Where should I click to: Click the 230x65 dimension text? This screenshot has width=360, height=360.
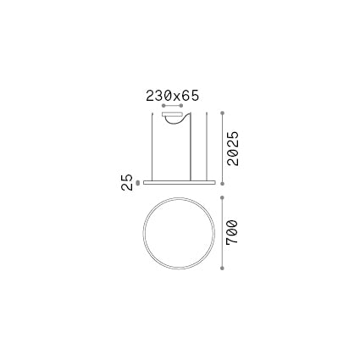[172, 97]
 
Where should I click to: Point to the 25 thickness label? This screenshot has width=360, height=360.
[126, 186]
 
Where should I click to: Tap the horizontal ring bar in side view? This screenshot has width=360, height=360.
[178, 180]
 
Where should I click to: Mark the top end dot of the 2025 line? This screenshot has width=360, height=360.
[223, 111]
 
